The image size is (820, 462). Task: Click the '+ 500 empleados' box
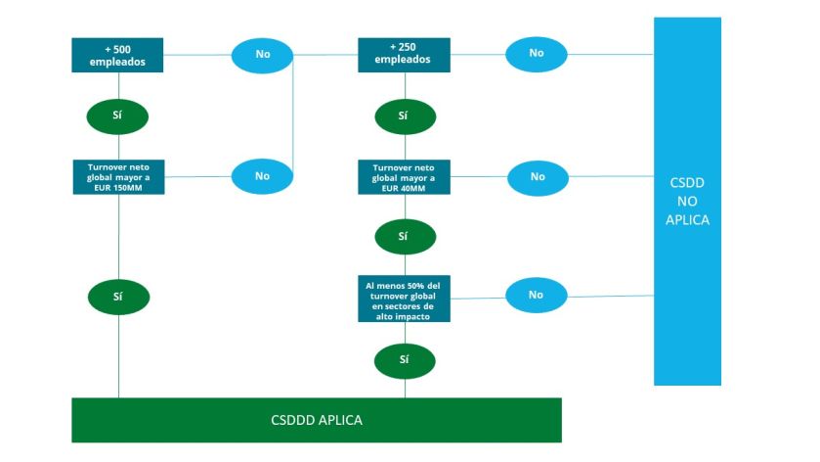[117, 54]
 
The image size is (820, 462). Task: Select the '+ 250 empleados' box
[404, 54]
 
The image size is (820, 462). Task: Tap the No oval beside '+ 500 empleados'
[262, 54]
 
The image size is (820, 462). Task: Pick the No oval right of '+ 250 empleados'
[536, 53]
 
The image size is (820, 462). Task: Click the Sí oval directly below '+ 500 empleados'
[117, 115]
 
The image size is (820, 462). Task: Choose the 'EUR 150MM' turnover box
[117, 176]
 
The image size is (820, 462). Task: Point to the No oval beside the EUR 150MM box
[262, 176]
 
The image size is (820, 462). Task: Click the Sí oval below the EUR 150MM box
[117, 295]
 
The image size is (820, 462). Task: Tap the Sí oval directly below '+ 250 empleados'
[404, 115]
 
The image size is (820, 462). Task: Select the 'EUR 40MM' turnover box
[404, 177]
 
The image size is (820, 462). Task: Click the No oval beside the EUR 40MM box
[537, 177]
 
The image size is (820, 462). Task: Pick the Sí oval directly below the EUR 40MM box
[404, 236]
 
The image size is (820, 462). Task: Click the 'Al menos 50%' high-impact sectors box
[404, 300]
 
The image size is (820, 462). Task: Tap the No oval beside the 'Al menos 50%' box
[536, 294]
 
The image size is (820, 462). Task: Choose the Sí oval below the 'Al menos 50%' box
[404, 359]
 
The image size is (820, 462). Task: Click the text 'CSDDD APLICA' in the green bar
[317, 420]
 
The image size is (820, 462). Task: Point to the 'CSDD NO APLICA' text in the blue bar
[687, 202]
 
